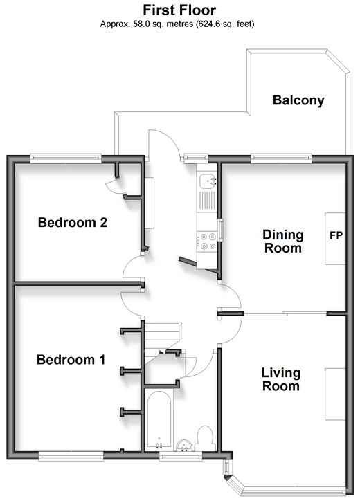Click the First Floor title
point(179,10)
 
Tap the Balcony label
point(298,100)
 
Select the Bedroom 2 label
point(72,222)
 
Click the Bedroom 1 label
point(71,360)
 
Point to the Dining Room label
point(283,242)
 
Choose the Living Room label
point(281,379)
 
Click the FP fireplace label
point(336,235)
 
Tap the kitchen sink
point(208,181)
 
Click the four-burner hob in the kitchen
point(208,242)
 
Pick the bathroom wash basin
point(184,446)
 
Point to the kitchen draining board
point(207,201)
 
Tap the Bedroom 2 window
point(66,158)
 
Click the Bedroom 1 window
point(71,456)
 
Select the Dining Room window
point(281,158)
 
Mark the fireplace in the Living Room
point(335,394)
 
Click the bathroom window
point(181,456)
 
